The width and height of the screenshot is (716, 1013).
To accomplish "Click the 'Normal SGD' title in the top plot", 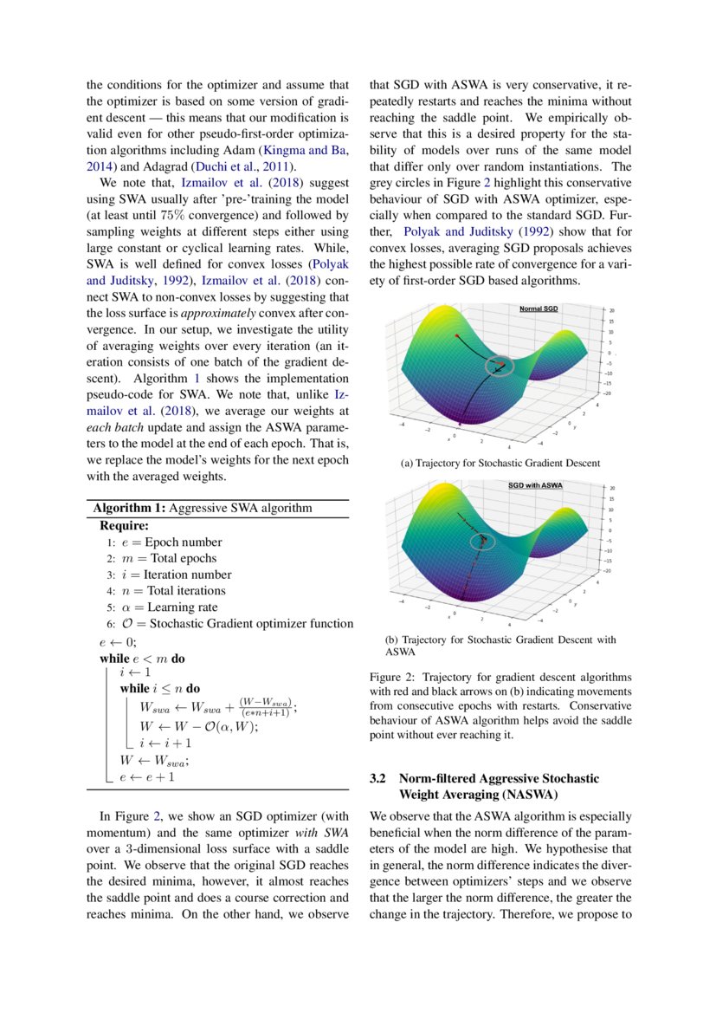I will (x=539, y=308).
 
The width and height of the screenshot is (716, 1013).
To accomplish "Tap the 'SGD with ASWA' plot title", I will (x=535, y=485).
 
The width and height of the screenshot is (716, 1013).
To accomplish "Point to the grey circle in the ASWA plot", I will (x=481, y=542).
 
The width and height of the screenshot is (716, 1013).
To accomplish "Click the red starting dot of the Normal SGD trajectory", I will (x=456, y=334).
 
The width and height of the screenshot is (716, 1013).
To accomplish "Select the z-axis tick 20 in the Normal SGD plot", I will (x=611, y=310).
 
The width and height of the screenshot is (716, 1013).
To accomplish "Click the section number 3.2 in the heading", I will (x=378, y=779).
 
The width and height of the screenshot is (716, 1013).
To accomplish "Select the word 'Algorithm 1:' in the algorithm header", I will (x=130, y=508).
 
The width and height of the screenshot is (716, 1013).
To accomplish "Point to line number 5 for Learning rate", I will (x=111, y=607).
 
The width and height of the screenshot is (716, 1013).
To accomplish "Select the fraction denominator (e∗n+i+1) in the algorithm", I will (x=266, y=711).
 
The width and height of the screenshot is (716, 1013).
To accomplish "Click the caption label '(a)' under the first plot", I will (x=406, y=464).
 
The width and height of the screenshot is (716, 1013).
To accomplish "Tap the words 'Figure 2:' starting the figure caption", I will (x=392, y=677).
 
